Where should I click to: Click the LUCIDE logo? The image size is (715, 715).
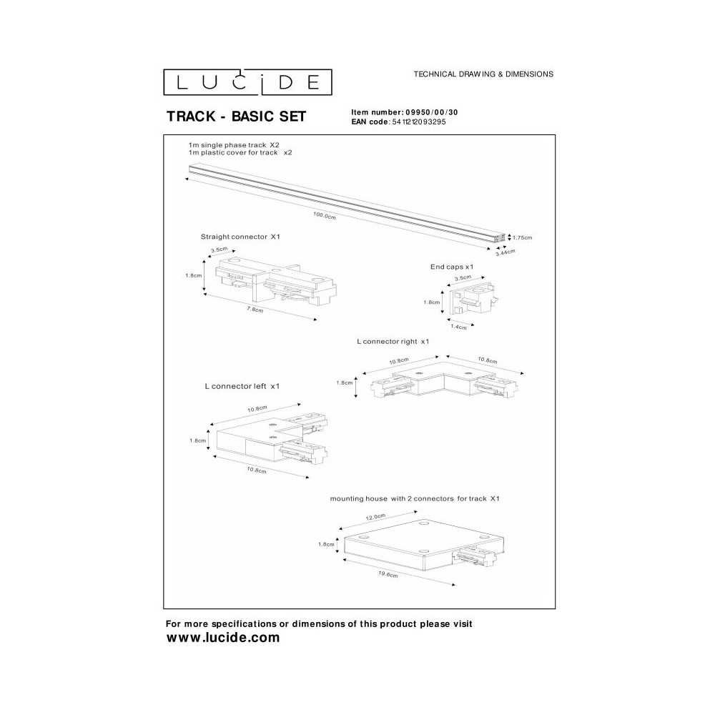click(247, 82)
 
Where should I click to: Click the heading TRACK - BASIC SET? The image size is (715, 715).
click(236, 117)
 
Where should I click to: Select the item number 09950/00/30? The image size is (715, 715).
click(432, 112)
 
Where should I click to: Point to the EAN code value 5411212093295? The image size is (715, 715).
click(418, 122)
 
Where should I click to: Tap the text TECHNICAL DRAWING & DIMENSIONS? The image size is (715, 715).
click(483, 74)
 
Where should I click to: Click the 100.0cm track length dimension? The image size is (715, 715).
click(324, 215)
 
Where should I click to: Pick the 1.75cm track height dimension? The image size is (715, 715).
click(522, 237)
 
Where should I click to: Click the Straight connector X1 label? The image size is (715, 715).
click(240, 237)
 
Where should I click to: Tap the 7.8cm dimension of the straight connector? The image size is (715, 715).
click(255, 310)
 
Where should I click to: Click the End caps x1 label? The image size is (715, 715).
click(452, 267)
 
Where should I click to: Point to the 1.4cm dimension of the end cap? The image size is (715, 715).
click(458, 327)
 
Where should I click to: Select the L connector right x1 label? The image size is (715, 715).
click(393, 342)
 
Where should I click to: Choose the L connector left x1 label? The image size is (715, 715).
click(242, 386)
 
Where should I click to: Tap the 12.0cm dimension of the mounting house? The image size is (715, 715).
click(375, 517)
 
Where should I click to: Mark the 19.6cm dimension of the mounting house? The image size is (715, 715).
click(388, 575)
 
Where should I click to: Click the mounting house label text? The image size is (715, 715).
click(415, 499)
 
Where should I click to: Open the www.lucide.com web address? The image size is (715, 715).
click(223, 638)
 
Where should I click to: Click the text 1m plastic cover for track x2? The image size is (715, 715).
click(240, 153)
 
